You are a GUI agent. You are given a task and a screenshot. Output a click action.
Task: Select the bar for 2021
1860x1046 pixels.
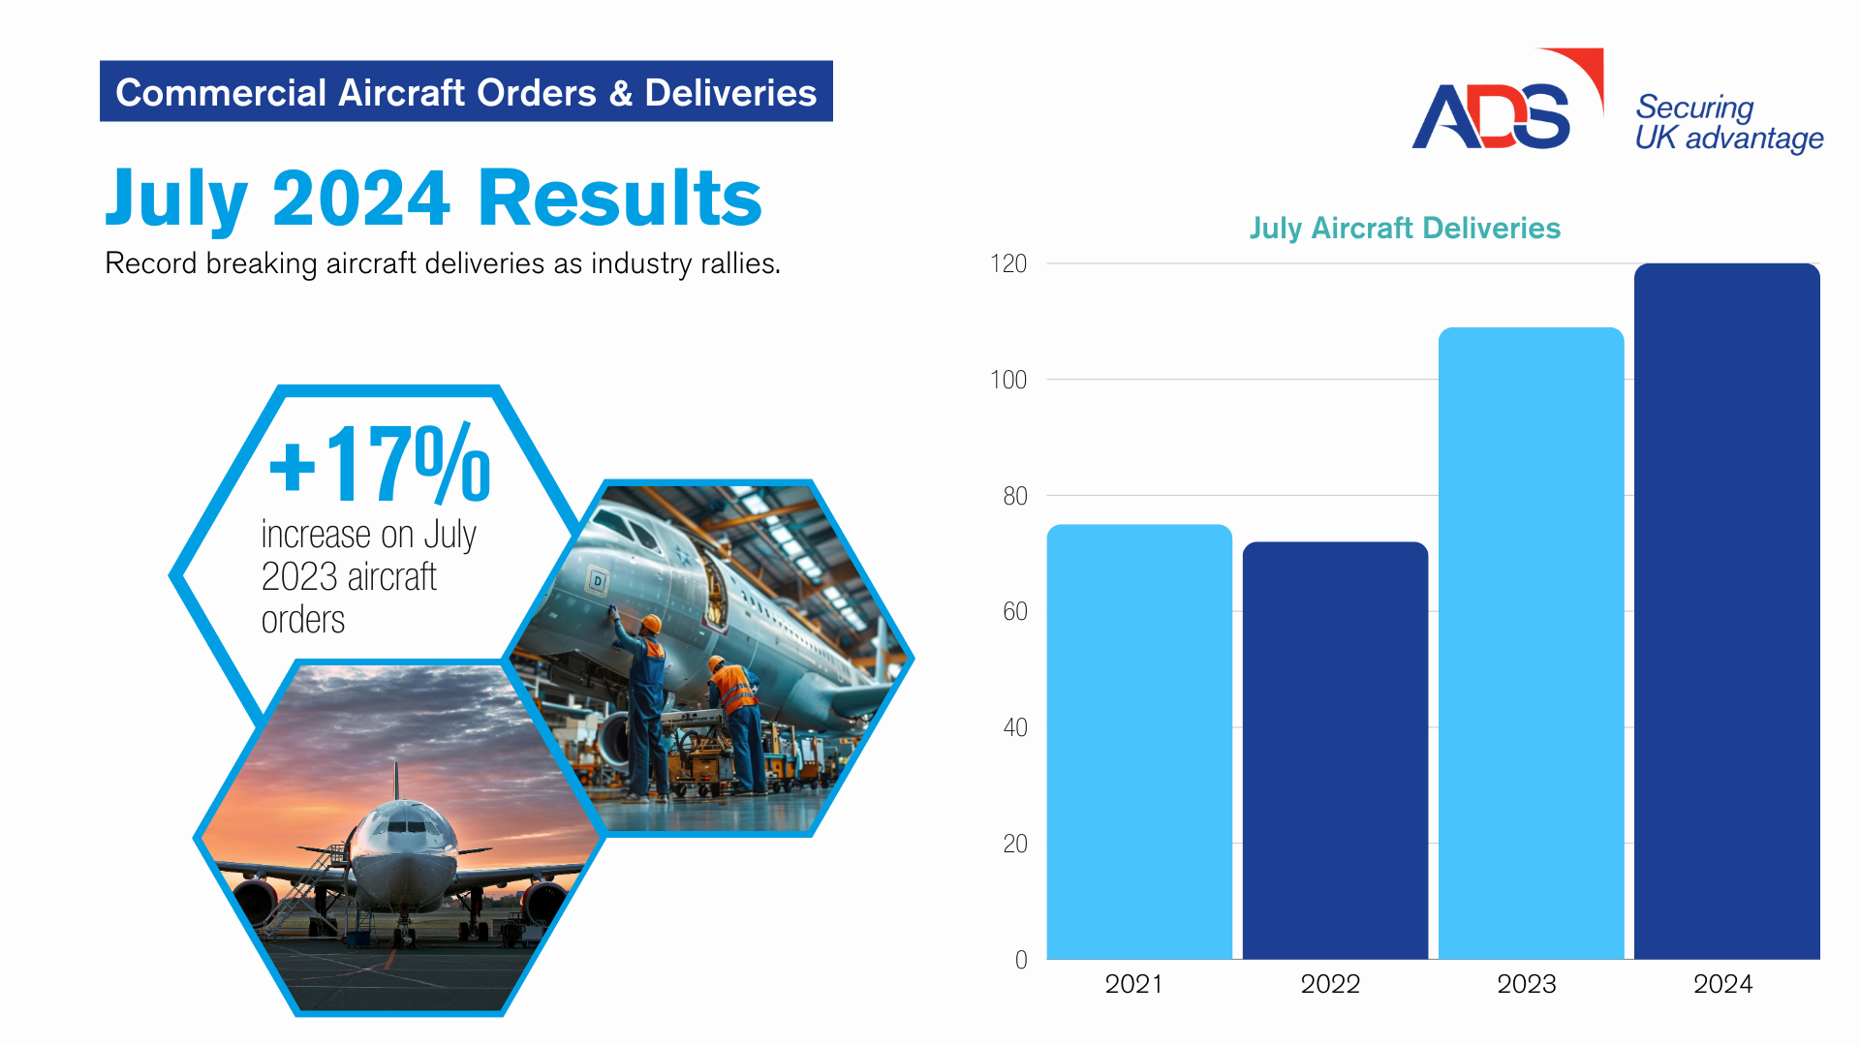pyautogui.click(x=1139, y=742)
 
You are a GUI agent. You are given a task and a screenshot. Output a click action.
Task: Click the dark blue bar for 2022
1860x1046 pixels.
pyautogui.click(x=1335, y=751)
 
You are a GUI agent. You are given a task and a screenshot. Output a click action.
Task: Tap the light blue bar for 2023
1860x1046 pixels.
pyautogui.click(x=1531, y=643)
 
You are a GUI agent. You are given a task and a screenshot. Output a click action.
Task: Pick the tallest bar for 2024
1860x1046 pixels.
pyautogui.click(x=1726, y=611)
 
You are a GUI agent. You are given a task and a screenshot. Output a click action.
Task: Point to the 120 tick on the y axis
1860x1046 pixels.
pyautogui.click(x=1008, y=264)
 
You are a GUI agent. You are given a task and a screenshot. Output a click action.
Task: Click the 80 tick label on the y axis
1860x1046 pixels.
pyautogui.click(x=1014, y=496)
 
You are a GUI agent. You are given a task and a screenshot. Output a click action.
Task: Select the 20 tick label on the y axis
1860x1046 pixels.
pyautogui.click(x=1014, y=844)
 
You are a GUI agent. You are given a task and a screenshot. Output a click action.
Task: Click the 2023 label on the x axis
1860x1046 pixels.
pyautogui.click(x=1527, y=984)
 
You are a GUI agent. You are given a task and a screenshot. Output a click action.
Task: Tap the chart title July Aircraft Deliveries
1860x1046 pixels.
pyautogui.click(x=1405, y=229)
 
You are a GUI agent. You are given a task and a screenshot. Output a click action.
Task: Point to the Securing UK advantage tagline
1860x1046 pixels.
pyautogui.click(x=1729, y=123)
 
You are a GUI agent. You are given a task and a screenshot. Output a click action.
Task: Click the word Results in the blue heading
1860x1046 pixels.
pyautogui.click(x=620, y=198)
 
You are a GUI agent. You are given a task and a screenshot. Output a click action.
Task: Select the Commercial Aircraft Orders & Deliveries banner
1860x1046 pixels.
pyautogui.click(x=466, y=91)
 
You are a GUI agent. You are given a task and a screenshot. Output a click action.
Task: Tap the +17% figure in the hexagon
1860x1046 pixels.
pyautogui.click(x=380, y=464)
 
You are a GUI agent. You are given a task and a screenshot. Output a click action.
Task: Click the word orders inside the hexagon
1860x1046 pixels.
pyautogui.click(x=303, y=620)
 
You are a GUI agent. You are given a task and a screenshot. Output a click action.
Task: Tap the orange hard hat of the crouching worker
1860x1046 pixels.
pyautogui.click(x=716, y=663)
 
